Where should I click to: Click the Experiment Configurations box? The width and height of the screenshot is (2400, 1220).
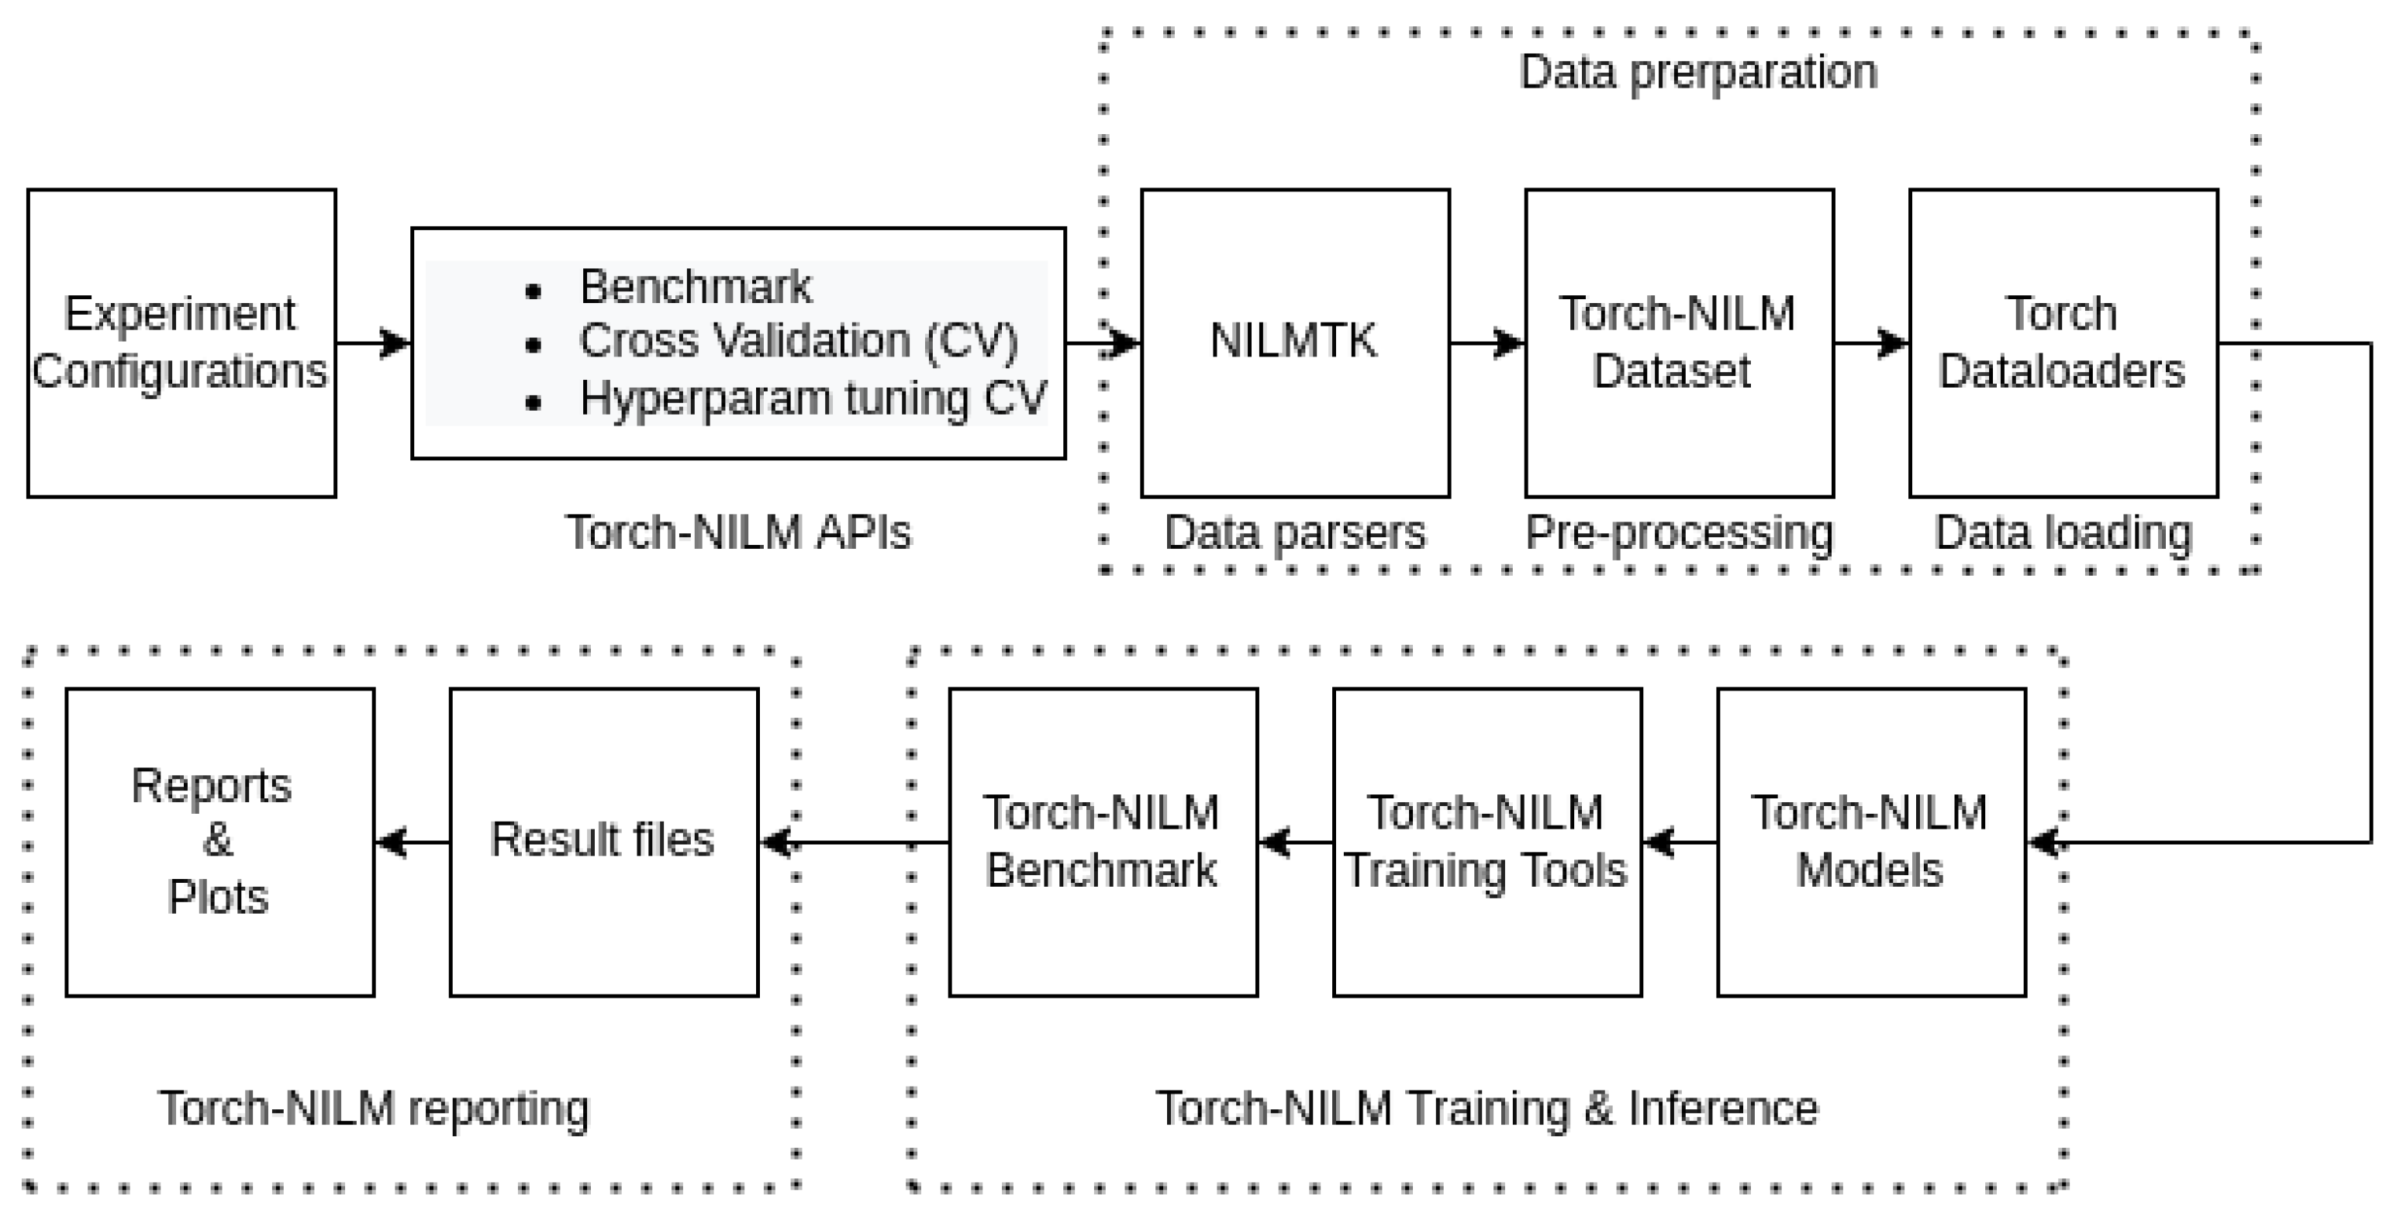181,343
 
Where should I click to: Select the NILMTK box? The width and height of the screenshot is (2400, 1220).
1294,343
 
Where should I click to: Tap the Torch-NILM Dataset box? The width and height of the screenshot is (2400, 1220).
1678,343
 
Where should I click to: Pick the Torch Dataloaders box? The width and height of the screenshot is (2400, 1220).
2062,343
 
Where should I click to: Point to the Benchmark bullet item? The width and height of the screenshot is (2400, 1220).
695,287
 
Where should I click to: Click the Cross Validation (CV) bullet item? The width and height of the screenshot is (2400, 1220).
799,342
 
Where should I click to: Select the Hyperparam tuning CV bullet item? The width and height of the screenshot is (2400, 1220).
813,398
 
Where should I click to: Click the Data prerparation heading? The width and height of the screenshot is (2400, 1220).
1697,73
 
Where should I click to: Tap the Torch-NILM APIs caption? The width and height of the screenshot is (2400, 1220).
738,532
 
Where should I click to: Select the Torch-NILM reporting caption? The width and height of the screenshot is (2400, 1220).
374,1108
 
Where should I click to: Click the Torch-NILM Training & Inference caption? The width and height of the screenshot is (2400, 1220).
1487,1108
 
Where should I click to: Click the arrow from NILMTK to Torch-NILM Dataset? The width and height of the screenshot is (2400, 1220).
1487,343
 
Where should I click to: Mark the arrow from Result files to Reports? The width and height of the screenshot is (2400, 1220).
412,842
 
